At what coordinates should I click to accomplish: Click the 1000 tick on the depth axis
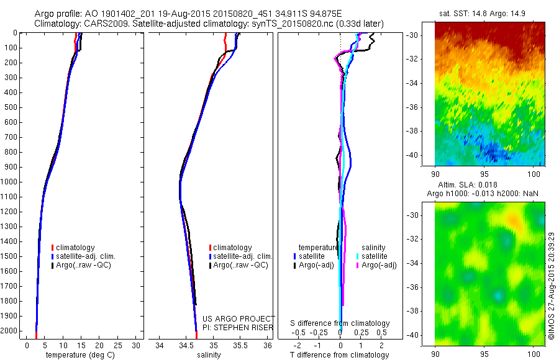9,182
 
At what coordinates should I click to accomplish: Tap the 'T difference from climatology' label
340,355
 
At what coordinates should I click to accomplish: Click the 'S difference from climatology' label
340,323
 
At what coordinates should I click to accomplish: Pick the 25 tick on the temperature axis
118,345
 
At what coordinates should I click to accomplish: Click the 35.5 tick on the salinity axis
240,345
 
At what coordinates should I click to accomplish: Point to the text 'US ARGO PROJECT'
239,318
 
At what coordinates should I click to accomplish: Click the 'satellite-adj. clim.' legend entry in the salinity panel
243,256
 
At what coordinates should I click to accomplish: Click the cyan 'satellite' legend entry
375,256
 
